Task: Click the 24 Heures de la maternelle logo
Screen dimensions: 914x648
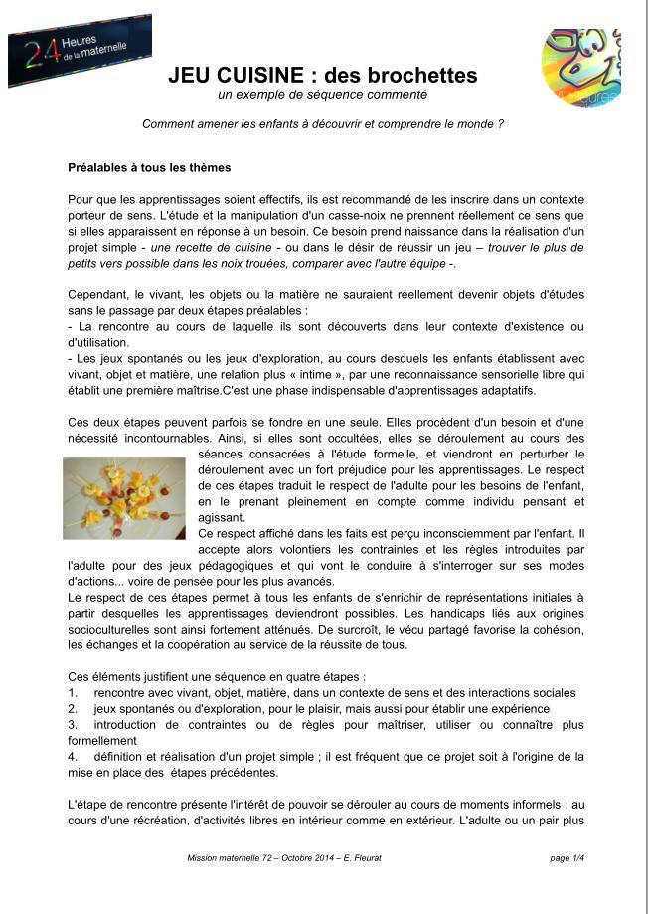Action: point(79,49)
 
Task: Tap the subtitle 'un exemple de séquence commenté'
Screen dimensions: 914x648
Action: point(322,95)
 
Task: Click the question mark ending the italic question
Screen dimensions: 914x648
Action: point(500,124)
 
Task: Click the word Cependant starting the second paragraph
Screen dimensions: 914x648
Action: point(98,295)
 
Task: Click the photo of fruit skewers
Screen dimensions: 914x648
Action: point(124,497)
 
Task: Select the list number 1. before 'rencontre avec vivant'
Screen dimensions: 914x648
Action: point(73,692)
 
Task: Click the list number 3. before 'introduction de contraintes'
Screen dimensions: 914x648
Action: point(73,724)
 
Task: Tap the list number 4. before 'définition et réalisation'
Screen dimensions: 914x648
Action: point(73,756)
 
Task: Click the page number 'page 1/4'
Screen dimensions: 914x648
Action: point(567,858)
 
